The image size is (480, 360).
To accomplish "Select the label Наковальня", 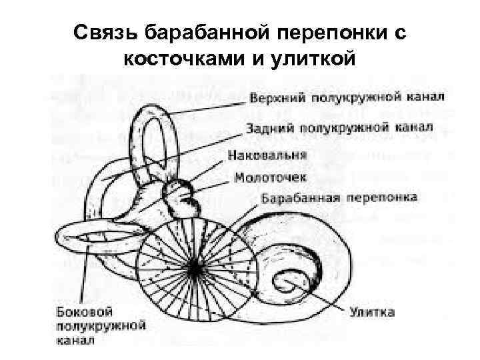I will (267, 155).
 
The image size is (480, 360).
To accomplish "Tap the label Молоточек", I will (271, 178).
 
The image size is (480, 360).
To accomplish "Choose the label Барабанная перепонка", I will (339, 199).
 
